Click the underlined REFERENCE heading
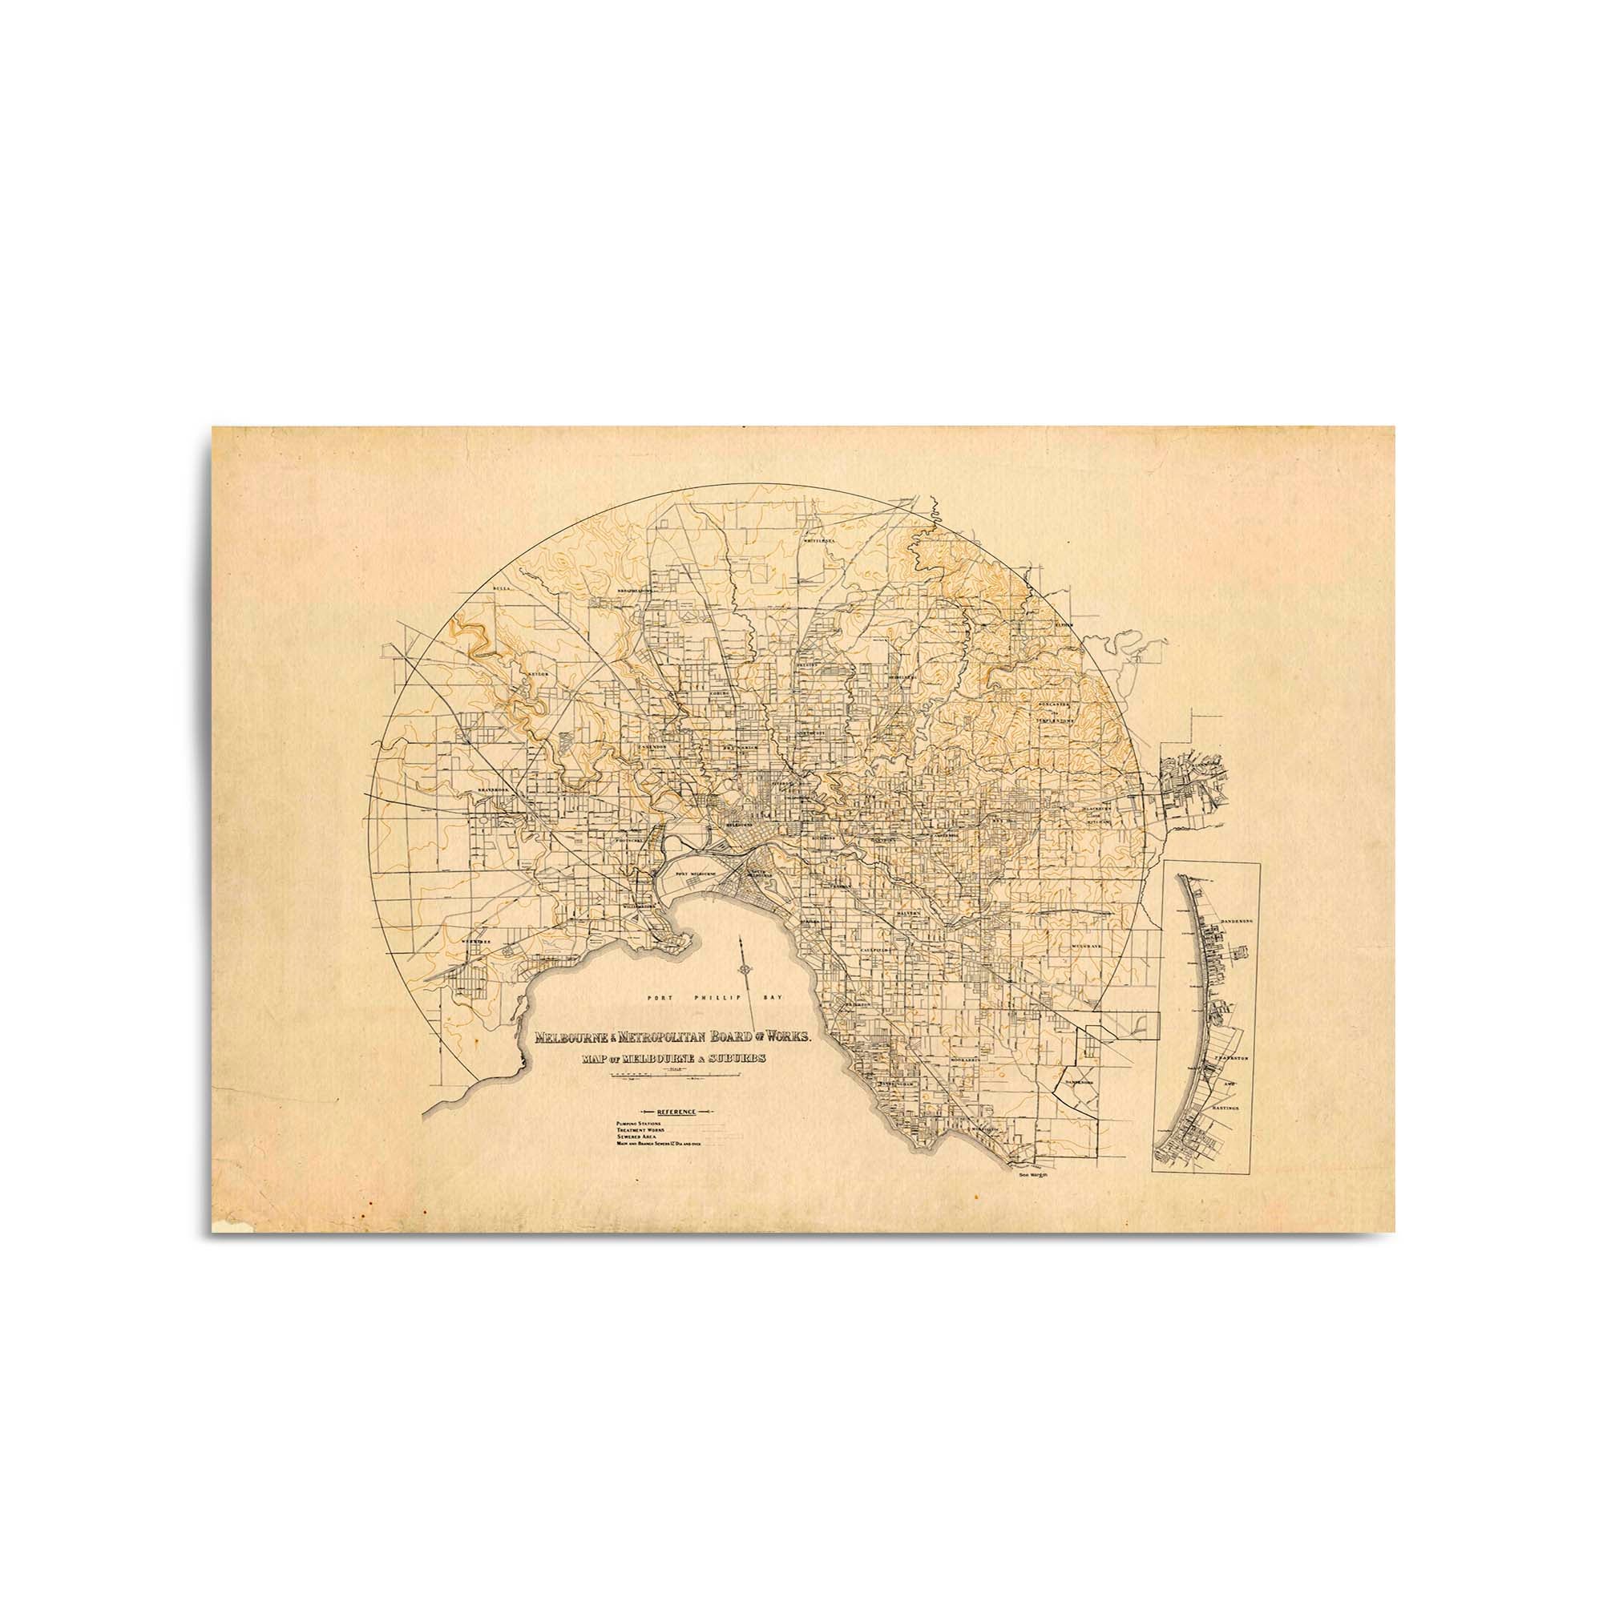point(675,1111)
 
